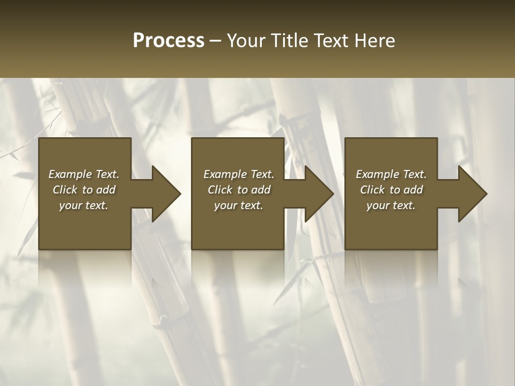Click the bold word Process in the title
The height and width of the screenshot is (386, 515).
coord(168,40)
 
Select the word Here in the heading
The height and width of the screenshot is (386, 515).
coord(375,40)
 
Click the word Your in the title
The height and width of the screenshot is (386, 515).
coord(247,40)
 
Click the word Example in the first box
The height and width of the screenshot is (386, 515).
coord(69,174)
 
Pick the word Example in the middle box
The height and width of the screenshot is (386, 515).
coord(224,174)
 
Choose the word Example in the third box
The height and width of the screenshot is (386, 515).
coord(377,174)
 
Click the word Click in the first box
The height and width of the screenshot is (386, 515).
coord(65,190)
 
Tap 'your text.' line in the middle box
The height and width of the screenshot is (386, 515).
coord(238,205)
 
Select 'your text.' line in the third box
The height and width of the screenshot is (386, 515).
coord(391,205)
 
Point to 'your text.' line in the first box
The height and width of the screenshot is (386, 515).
coord(84,205)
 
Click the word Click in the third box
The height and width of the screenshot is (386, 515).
coord(372,190)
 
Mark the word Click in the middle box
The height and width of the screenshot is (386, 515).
coord(220,190)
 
